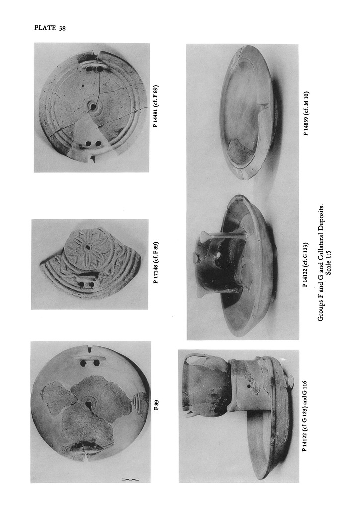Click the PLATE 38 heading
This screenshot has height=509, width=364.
pyautogui.click(x=50, y=28)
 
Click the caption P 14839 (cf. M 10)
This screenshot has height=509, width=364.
pyautogui.click(x=306, y=114)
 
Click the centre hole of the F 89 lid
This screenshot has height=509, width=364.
pyautogui.click(x=88, y=405)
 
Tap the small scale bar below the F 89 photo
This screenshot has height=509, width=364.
pyautogui.click(x=131, y=479)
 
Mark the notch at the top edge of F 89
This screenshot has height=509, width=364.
pyautogui.click(x=89, y=349)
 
